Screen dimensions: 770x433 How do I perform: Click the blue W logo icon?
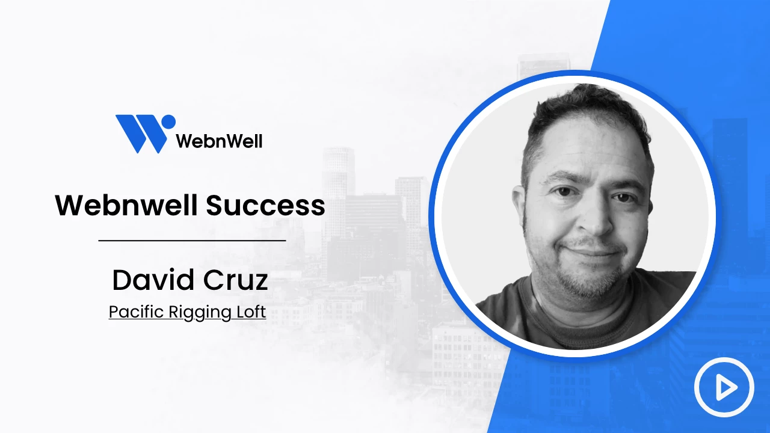[146, 134]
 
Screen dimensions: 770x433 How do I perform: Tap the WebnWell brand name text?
[220, 141]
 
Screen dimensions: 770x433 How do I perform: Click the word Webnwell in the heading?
[126, 205]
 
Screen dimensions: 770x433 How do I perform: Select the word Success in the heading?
[265, 206]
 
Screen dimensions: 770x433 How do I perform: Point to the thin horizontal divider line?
[192, 241]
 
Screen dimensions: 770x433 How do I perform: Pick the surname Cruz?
[235, 280]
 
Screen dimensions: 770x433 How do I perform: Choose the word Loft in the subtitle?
[251, 312]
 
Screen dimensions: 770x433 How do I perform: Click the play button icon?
[724, 387]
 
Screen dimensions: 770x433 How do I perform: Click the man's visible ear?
[519, 206]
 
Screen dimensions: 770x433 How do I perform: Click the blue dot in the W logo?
[168, 122]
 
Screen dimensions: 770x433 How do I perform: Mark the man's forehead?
[588, 151]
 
